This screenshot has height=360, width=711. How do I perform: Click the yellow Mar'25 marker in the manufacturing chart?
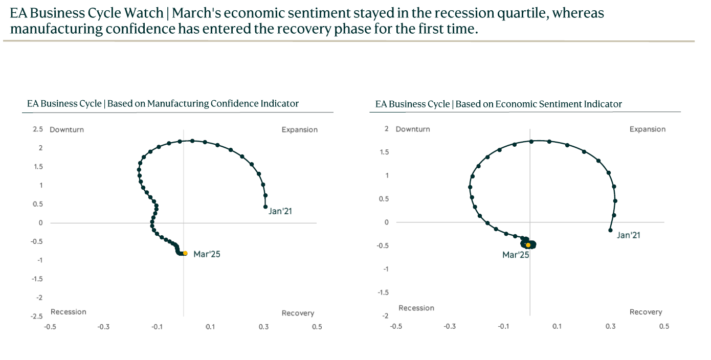(x=185, y=253)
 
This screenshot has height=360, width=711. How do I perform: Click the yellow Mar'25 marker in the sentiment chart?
(x=528, y=245)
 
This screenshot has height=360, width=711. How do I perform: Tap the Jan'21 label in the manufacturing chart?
(x=280, y=211)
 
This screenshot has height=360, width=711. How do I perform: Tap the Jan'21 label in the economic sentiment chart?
(x=629, y=235)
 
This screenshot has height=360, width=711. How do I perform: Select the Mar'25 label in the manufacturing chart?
(x=207, y=254)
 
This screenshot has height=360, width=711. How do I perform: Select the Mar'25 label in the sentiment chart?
(x=516, y=255)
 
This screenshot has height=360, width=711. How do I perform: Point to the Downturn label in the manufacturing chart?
(x=66, y=130)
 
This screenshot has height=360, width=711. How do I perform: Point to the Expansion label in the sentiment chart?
(x=648, y=129)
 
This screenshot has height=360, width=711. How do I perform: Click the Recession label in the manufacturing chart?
(x=69, y=312)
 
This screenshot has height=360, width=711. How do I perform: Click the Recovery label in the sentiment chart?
(x=646, y=312)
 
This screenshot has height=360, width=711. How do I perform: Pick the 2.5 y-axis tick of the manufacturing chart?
(x=38, y=129)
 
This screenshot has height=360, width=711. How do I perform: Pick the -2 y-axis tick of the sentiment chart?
(x=386, y=316)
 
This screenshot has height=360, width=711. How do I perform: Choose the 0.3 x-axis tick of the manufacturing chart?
(x=263, y=327)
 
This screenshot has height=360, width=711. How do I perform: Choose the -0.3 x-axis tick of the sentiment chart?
(x=450, y=326)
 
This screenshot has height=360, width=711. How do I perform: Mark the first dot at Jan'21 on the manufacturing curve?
(x=265, y=207)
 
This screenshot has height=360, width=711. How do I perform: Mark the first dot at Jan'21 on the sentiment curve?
(x=610, y=230)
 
